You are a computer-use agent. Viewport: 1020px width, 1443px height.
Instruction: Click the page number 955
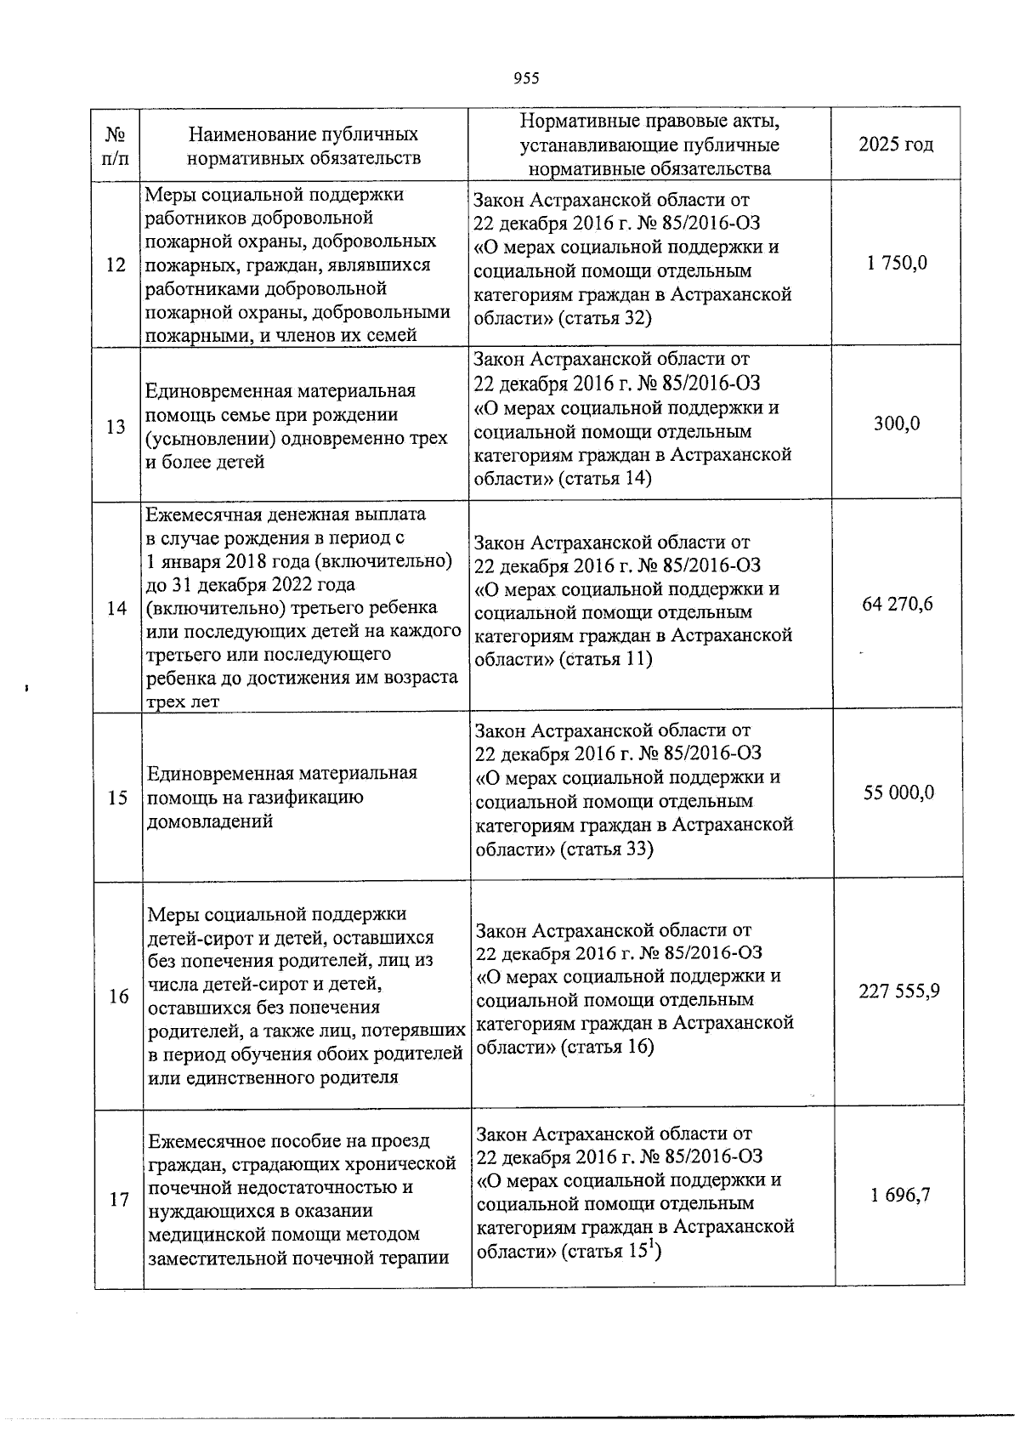point(526,79)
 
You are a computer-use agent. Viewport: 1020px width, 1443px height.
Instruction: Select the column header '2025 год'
point(896,144)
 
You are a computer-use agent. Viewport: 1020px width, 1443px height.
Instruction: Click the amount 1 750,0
point(897,263)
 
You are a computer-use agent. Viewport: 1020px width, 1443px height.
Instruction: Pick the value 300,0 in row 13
point(897,423)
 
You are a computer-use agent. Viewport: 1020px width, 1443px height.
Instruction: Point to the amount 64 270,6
point(897,605)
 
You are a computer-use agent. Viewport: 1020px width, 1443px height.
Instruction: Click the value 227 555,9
point(899,991)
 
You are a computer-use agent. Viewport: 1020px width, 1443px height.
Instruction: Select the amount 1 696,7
point(899,1195)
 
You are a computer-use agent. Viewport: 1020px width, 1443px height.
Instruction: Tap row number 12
point(116,265)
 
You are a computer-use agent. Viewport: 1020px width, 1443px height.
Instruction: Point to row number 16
point(118,996)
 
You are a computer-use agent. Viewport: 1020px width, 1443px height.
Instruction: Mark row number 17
point(119,1200)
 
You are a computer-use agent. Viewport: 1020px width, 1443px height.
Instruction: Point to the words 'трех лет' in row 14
point(183,702)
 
